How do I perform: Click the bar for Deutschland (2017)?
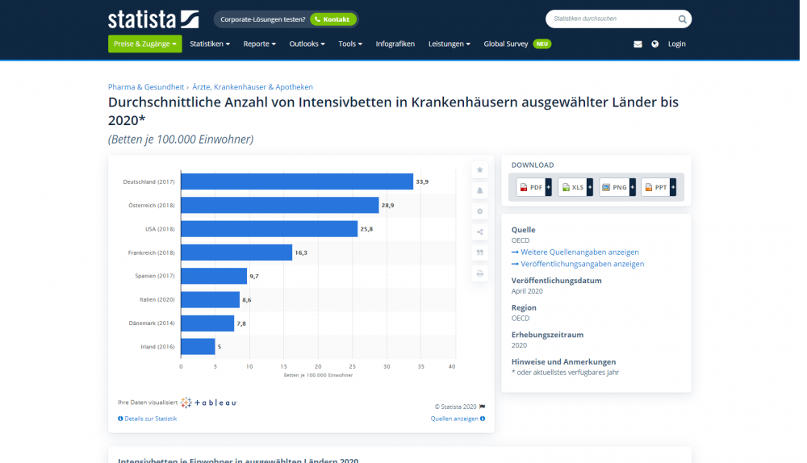[296, 181]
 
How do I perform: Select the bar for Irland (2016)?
[198, 347]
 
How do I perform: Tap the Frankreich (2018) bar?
[236, 252]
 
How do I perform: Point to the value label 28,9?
[387, 206]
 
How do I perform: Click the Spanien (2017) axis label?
[154, 276]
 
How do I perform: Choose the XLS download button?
[575, 187]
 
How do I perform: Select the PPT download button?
[658, 187]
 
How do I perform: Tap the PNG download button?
[617, 187]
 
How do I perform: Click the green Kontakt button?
[332, 19]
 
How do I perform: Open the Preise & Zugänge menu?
[144, 44]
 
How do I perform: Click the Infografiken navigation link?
[395, 44]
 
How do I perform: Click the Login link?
[676, 44]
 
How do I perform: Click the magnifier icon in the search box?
[682, 19]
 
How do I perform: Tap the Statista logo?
[153, 19]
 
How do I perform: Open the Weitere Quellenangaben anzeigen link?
[579, 252]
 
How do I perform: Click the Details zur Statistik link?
[148, 419]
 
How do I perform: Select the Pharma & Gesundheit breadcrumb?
[146, 87]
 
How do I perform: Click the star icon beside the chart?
[480, 170]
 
